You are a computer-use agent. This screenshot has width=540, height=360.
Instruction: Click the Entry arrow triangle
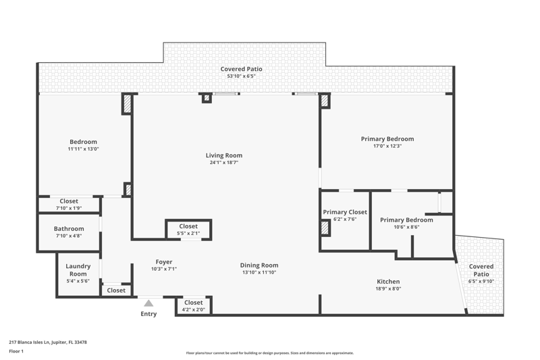(148, 303)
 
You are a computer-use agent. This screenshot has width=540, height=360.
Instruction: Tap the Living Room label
(224, 155)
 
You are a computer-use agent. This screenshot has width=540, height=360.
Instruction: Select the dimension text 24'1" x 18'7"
(224, 163)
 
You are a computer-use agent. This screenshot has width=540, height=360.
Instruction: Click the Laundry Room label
(78, 270)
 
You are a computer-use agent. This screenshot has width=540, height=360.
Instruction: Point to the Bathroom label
(69, 229)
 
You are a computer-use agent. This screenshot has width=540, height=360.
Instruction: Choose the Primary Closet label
(345, 212)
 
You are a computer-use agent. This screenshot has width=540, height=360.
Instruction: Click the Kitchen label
(388, 282)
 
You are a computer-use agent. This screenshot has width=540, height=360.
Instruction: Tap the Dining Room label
(259, 265)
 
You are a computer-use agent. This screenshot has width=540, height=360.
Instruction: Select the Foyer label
(164, 262)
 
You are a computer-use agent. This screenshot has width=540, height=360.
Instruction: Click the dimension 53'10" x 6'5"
(241, 76)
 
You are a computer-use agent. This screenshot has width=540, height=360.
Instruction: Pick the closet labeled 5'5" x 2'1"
(188, 230)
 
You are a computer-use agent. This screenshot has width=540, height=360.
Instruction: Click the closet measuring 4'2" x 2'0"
(193, 305)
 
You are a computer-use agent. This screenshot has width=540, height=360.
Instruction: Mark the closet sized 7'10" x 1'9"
(69, 204)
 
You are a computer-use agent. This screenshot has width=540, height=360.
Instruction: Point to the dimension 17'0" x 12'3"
(387, 146)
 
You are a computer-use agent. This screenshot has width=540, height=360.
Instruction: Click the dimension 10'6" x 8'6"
(406, 227)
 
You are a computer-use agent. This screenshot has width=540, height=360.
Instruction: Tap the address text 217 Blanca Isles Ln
(30, 342)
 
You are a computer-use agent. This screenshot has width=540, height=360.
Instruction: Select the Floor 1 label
(16, 351)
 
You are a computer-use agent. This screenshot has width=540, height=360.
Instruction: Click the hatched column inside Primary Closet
(325, 228)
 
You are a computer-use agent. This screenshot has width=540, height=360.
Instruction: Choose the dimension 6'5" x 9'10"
(481, 282)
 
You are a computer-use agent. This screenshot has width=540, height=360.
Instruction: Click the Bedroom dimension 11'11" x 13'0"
(83, 149)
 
